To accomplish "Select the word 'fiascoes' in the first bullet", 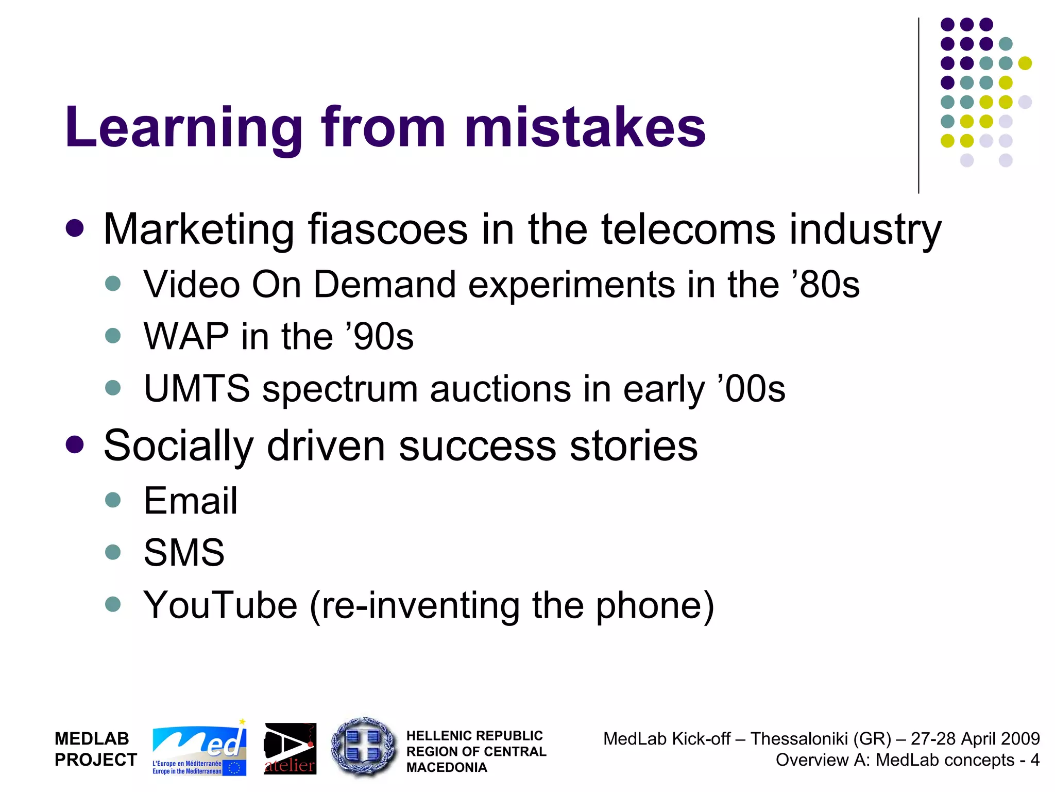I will click(x=388, y=229).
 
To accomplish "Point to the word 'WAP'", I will click(x=186, y=336).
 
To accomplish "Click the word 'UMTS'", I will click(x=197, y=389).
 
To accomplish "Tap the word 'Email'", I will click(x=190, y=501).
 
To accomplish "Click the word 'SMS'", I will click(x=184, y=553).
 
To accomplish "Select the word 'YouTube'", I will click(x=220, y=605).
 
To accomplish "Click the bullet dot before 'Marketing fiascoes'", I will click(x=75, y=229).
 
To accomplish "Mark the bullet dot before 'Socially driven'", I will click(x=75, y=445).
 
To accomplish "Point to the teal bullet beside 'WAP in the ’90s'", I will click(x=112, y=336).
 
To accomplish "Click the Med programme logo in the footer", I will click(x=199, y=748).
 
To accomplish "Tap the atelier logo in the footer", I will click(x=290, y=749).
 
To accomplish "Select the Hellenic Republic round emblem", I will click(x=364, y=747).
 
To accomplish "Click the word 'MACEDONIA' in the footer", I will click(x=447, y=768).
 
